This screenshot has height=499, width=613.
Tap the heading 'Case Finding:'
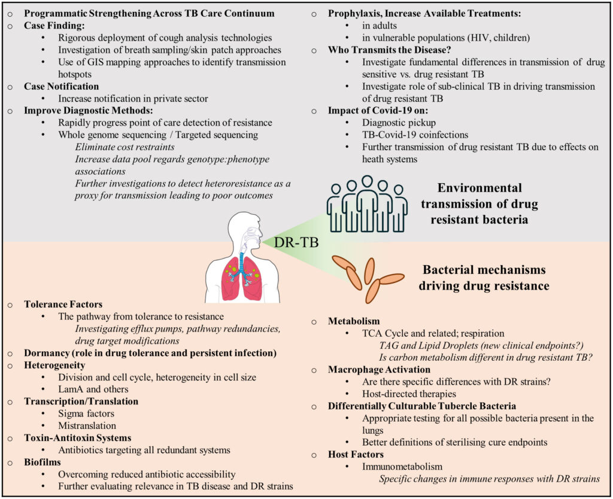coord(54,25)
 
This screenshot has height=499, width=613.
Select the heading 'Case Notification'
coord(62,86)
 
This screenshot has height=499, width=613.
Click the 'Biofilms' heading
coord(43,462)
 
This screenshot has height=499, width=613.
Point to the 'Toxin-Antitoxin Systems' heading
coord(77,437)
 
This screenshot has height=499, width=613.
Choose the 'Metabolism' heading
coord(354,321)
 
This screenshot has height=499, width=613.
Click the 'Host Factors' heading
coord(356,454)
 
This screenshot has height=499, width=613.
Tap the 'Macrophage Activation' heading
coord(379,369)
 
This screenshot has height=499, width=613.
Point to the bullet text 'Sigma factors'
coord(86,413)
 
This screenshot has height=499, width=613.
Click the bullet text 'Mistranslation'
coord(87,425)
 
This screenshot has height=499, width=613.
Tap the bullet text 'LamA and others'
coord(93,389)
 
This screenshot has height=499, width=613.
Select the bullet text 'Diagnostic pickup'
coord(399,122)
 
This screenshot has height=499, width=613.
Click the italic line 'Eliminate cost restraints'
coord(125,147)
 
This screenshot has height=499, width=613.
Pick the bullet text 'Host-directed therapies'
coord(409,394)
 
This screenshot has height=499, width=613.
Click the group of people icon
coord(367,203)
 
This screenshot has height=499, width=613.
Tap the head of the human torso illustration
coord(245,229)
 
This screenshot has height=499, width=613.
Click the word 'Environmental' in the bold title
coord(480,187)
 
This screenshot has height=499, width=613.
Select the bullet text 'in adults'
coord(379,25)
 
